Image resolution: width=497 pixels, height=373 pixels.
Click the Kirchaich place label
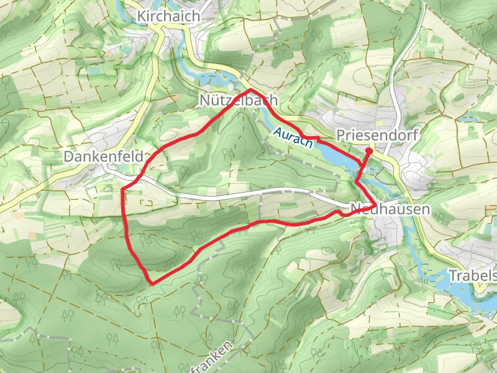tap(169, 16)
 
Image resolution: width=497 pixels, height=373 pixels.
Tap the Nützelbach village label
tap(239, 100)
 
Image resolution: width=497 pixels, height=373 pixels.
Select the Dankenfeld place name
tap(104, 157)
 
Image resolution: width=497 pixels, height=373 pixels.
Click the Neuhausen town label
tap(390, 210)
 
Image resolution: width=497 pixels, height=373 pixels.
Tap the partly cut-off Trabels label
tap(473, 275)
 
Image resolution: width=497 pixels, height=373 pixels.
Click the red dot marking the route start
tap(368, 150)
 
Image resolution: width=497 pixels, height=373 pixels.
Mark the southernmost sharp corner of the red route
tap(152, 283)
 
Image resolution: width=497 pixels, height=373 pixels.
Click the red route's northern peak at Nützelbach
tap(250, 91)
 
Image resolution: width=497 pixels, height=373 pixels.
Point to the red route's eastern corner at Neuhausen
tap(375, 205)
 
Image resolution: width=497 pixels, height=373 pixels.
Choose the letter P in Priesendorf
tap(340, 135)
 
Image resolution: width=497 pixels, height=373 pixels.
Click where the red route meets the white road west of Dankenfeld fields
tap(126, 186)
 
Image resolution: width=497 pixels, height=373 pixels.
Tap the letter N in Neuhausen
tap(355, 210)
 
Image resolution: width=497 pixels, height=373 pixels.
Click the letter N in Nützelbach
tap(205, 100)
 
